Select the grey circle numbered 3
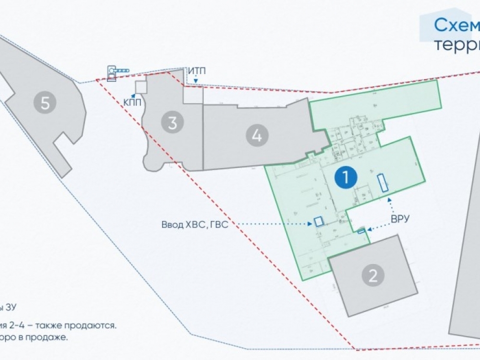click(172, 123)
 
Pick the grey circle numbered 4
click(257, 136)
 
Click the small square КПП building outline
click(140, 87)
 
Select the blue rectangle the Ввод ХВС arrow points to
click(318, 221)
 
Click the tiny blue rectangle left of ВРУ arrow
click(361, 231)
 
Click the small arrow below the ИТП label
click(195, 80)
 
